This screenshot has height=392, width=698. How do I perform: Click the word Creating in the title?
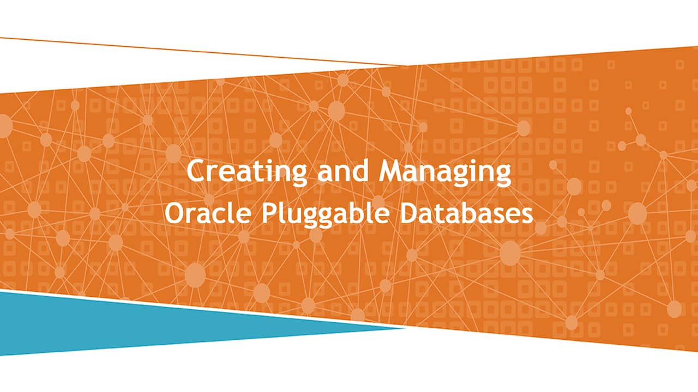tap(246, 172)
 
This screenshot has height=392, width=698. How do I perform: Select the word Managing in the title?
tap(445, 172)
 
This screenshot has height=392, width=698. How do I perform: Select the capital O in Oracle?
tap(174, 213)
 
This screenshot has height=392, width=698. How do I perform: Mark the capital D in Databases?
tap(410, 213)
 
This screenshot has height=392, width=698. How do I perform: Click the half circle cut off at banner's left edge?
tap(4, 126)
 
